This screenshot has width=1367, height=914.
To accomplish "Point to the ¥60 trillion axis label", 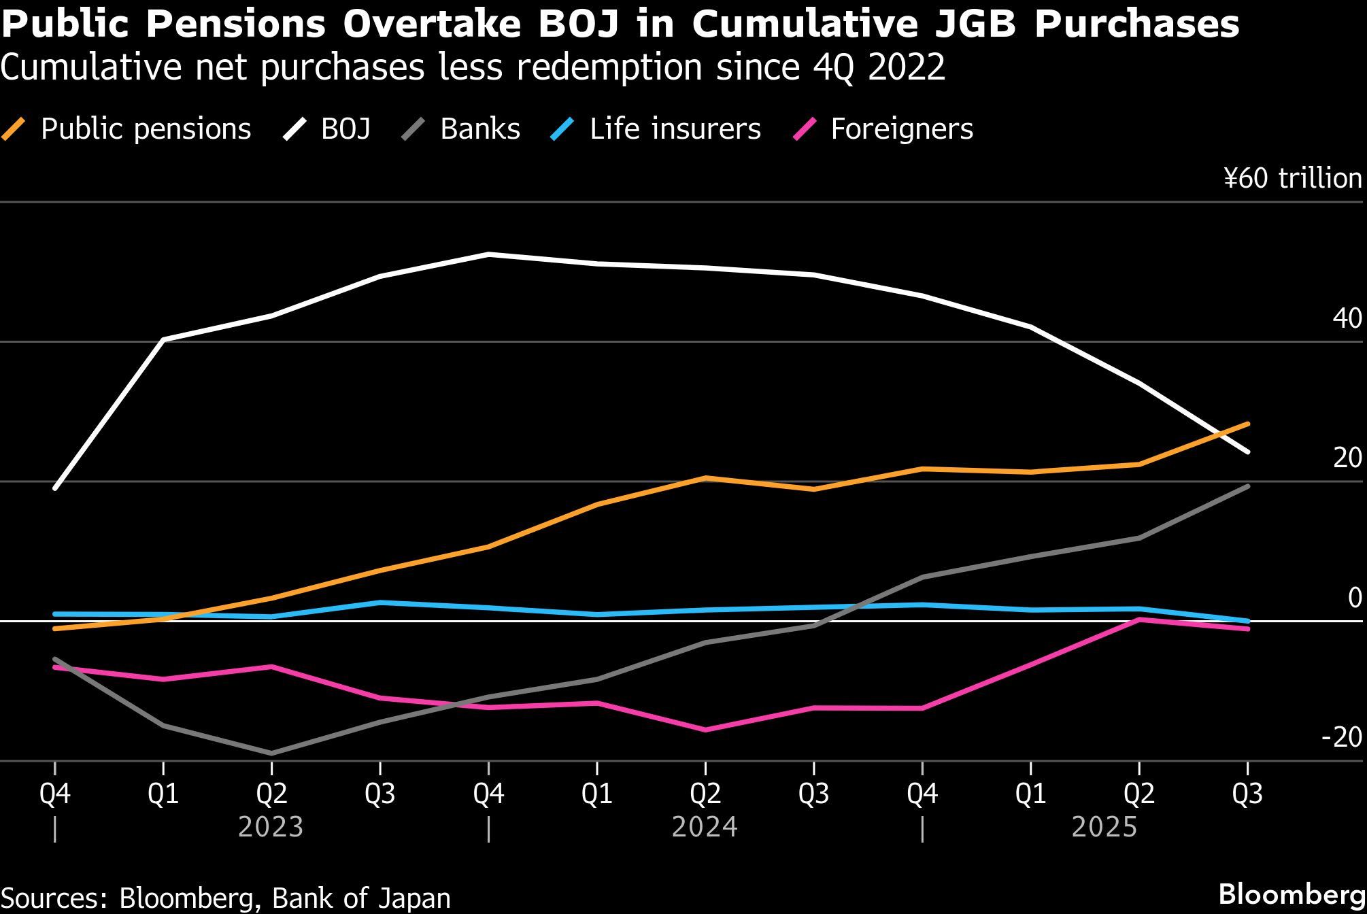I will (1292, 178).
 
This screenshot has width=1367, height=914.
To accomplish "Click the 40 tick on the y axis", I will (1347, 318).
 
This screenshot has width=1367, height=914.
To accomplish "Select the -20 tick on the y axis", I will (1341, 737).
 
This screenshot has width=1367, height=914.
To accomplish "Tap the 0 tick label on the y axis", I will (1354, 598).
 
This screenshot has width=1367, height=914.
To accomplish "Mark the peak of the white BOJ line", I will (488, 254).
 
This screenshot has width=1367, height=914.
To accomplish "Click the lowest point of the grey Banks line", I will (271, 753).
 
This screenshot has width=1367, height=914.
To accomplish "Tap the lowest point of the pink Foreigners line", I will (705, 730).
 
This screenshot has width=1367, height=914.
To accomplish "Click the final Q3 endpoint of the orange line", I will (1247, 424).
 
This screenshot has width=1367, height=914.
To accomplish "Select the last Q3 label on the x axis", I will (1247, 794).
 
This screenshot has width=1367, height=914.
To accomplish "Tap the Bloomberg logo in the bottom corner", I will (1292, 894).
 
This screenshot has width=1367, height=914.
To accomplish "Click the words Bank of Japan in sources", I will (361, 898).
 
